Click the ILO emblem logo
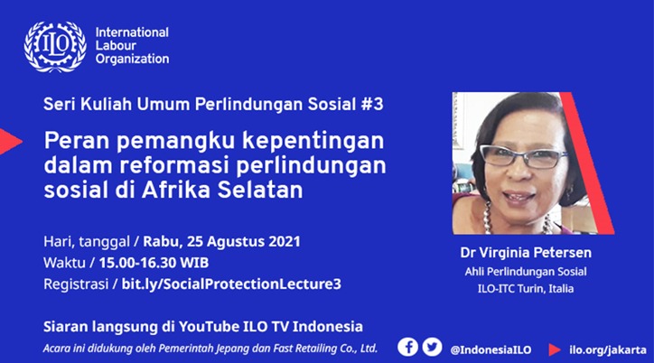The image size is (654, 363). click(55, 46)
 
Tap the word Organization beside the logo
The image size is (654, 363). click(132, 60)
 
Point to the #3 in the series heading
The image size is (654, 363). click(371, 104)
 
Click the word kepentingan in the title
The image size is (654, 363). click(313, 141)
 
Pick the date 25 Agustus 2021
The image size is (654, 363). click(243, 242)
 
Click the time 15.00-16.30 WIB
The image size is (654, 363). click(154, 263)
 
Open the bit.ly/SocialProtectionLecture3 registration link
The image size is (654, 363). click(231, 284)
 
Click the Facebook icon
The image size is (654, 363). click(407, 347)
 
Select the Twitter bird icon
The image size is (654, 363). click(432, 347)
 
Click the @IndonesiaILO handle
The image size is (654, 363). click(490, 350)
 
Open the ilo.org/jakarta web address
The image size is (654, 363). click(608, 350)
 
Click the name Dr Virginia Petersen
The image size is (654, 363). click(526, 253)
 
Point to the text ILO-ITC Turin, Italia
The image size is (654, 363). click(526, 288)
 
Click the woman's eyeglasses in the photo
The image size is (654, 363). click(523, 157)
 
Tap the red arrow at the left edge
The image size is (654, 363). click(10, 142)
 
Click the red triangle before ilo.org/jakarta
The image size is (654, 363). click(555, 350)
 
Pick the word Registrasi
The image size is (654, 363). click(76, 284)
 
